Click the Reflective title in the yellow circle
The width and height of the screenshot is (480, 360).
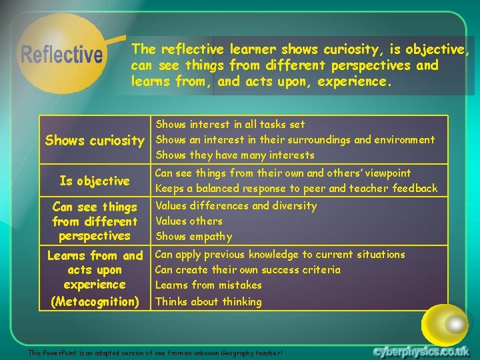[62, 54]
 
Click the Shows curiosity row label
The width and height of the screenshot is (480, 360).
[94, 140]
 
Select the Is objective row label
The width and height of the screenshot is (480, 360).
[95, 181]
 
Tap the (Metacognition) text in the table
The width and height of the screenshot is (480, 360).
[95, 301]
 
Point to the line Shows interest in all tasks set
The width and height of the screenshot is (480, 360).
[230, 124]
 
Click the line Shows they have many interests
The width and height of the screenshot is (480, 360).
[235, 155]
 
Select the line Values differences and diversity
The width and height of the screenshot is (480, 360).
[236, 205]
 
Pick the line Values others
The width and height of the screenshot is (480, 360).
[189, 221]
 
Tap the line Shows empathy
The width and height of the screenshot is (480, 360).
[193, 236]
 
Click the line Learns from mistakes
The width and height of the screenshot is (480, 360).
[208, 285]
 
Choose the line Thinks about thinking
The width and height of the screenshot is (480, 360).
[208, 301]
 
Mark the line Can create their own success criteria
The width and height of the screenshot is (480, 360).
[247, 269]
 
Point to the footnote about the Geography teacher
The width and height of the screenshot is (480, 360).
[155, 352]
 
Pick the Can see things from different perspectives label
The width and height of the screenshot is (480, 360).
[95, 221]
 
